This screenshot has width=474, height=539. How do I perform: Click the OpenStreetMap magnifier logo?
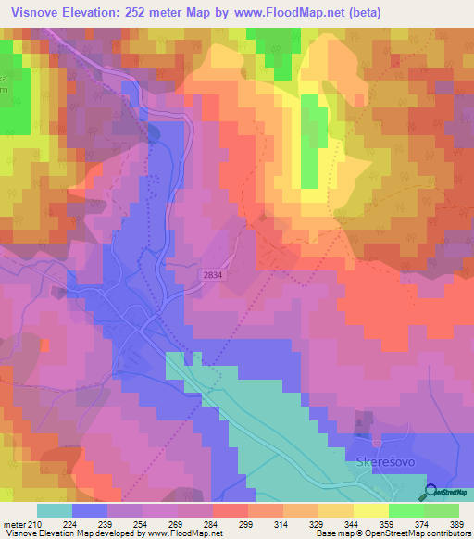point(431,493)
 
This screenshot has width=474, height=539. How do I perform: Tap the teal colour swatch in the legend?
point(55,510)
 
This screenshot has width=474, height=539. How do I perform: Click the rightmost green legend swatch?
point(442,510)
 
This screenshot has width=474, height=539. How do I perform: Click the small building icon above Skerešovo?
point(376,434)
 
